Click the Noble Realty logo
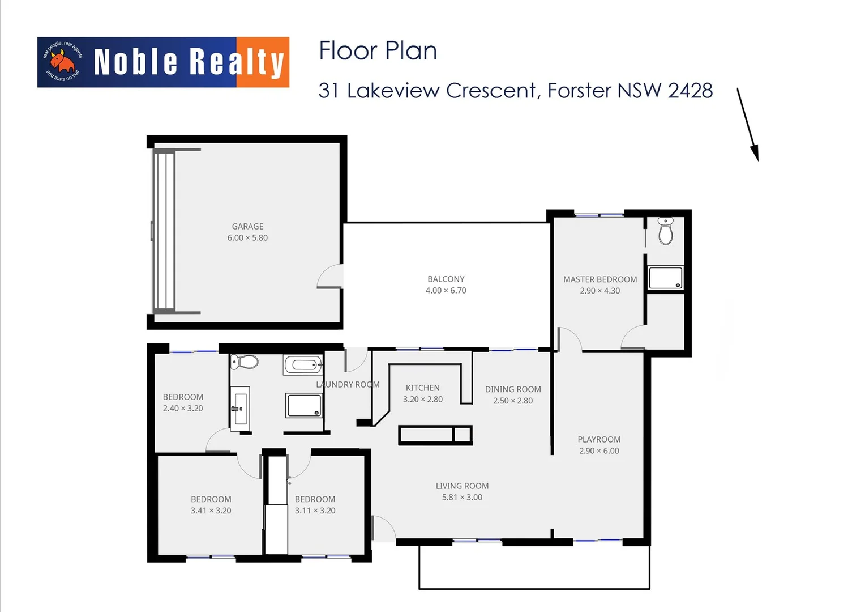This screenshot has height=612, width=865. [163, 62]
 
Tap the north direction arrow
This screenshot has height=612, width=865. [747, 124]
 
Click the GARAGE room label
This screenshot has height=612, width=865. [247, 226]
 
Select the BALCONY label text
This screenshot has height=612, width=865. [446, 279]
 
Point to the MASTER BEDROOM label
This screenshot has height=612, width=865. [599, 279]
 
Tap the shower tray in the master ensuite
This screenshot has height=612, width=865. [665, 278]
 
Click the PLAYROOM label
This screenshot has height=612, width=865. [599, 439]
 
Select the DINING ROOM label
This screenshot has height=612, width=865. [513, 389]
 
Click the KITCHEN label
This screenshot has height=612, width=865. [422, 388]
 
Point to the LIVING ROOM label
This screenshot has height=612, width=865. [462, 486]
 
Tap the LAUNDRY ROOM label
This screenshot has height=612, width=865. [348, 384]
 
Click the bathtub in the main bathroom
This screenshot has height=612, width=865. [303, 364]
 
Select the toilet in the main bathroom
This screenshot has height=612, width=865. [245, 362]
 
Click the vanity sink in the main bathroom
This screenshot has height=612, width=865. [239, 406]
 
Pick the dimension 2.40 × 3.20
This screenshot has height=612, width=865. [183, 408]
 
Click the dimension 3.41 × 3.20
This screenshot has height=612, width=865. [211, 511]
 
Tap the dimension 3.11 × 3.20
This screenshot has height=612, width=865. [315, 511]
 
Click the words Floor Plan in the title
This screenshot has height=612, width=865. [378, 51]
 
